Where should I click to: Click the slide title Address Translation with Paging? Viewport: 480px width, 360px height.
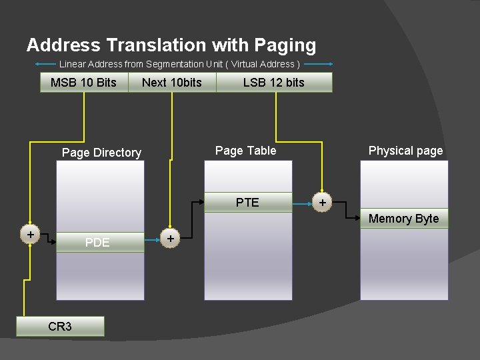[x=171, y=45]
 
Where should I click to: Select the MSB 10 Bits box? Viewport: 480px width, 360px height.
[x=83, y=83]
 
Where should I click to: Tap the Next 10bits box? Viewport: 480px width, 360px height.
[x=171, y=83]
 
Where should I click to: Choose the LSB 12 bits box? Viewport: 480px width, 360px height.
[x=273, y=83]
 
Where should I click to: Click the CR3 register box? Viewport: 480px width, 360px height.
[x=60, y=326]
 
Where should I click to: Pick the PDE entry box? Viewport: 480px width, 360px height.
[x=98, y=243]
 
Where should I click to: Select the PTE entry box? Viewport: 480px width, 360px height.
[x=247, y=202]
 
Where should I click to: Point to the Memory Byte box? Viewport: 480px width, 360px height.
[x=404, y=219]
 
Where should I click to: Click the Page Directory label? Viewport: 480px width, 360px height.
[x=101, y=153]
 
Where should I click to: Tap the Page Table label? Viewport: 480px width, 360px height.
[x=245, y=151]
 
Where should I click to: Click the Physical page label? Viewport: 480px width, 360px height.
[x=405, y=151]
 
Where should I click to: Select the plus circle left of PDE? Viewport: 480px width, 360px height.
[x=31, y=235]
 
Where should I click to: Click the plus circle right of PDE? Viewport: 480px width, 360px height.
[x=171, y=238]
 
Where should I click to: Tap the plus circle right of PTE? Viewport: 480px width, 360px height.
[x=323, y=202]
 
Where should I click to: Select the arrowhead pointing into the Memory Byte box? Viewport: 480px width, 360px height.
[x=357, y=218]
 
